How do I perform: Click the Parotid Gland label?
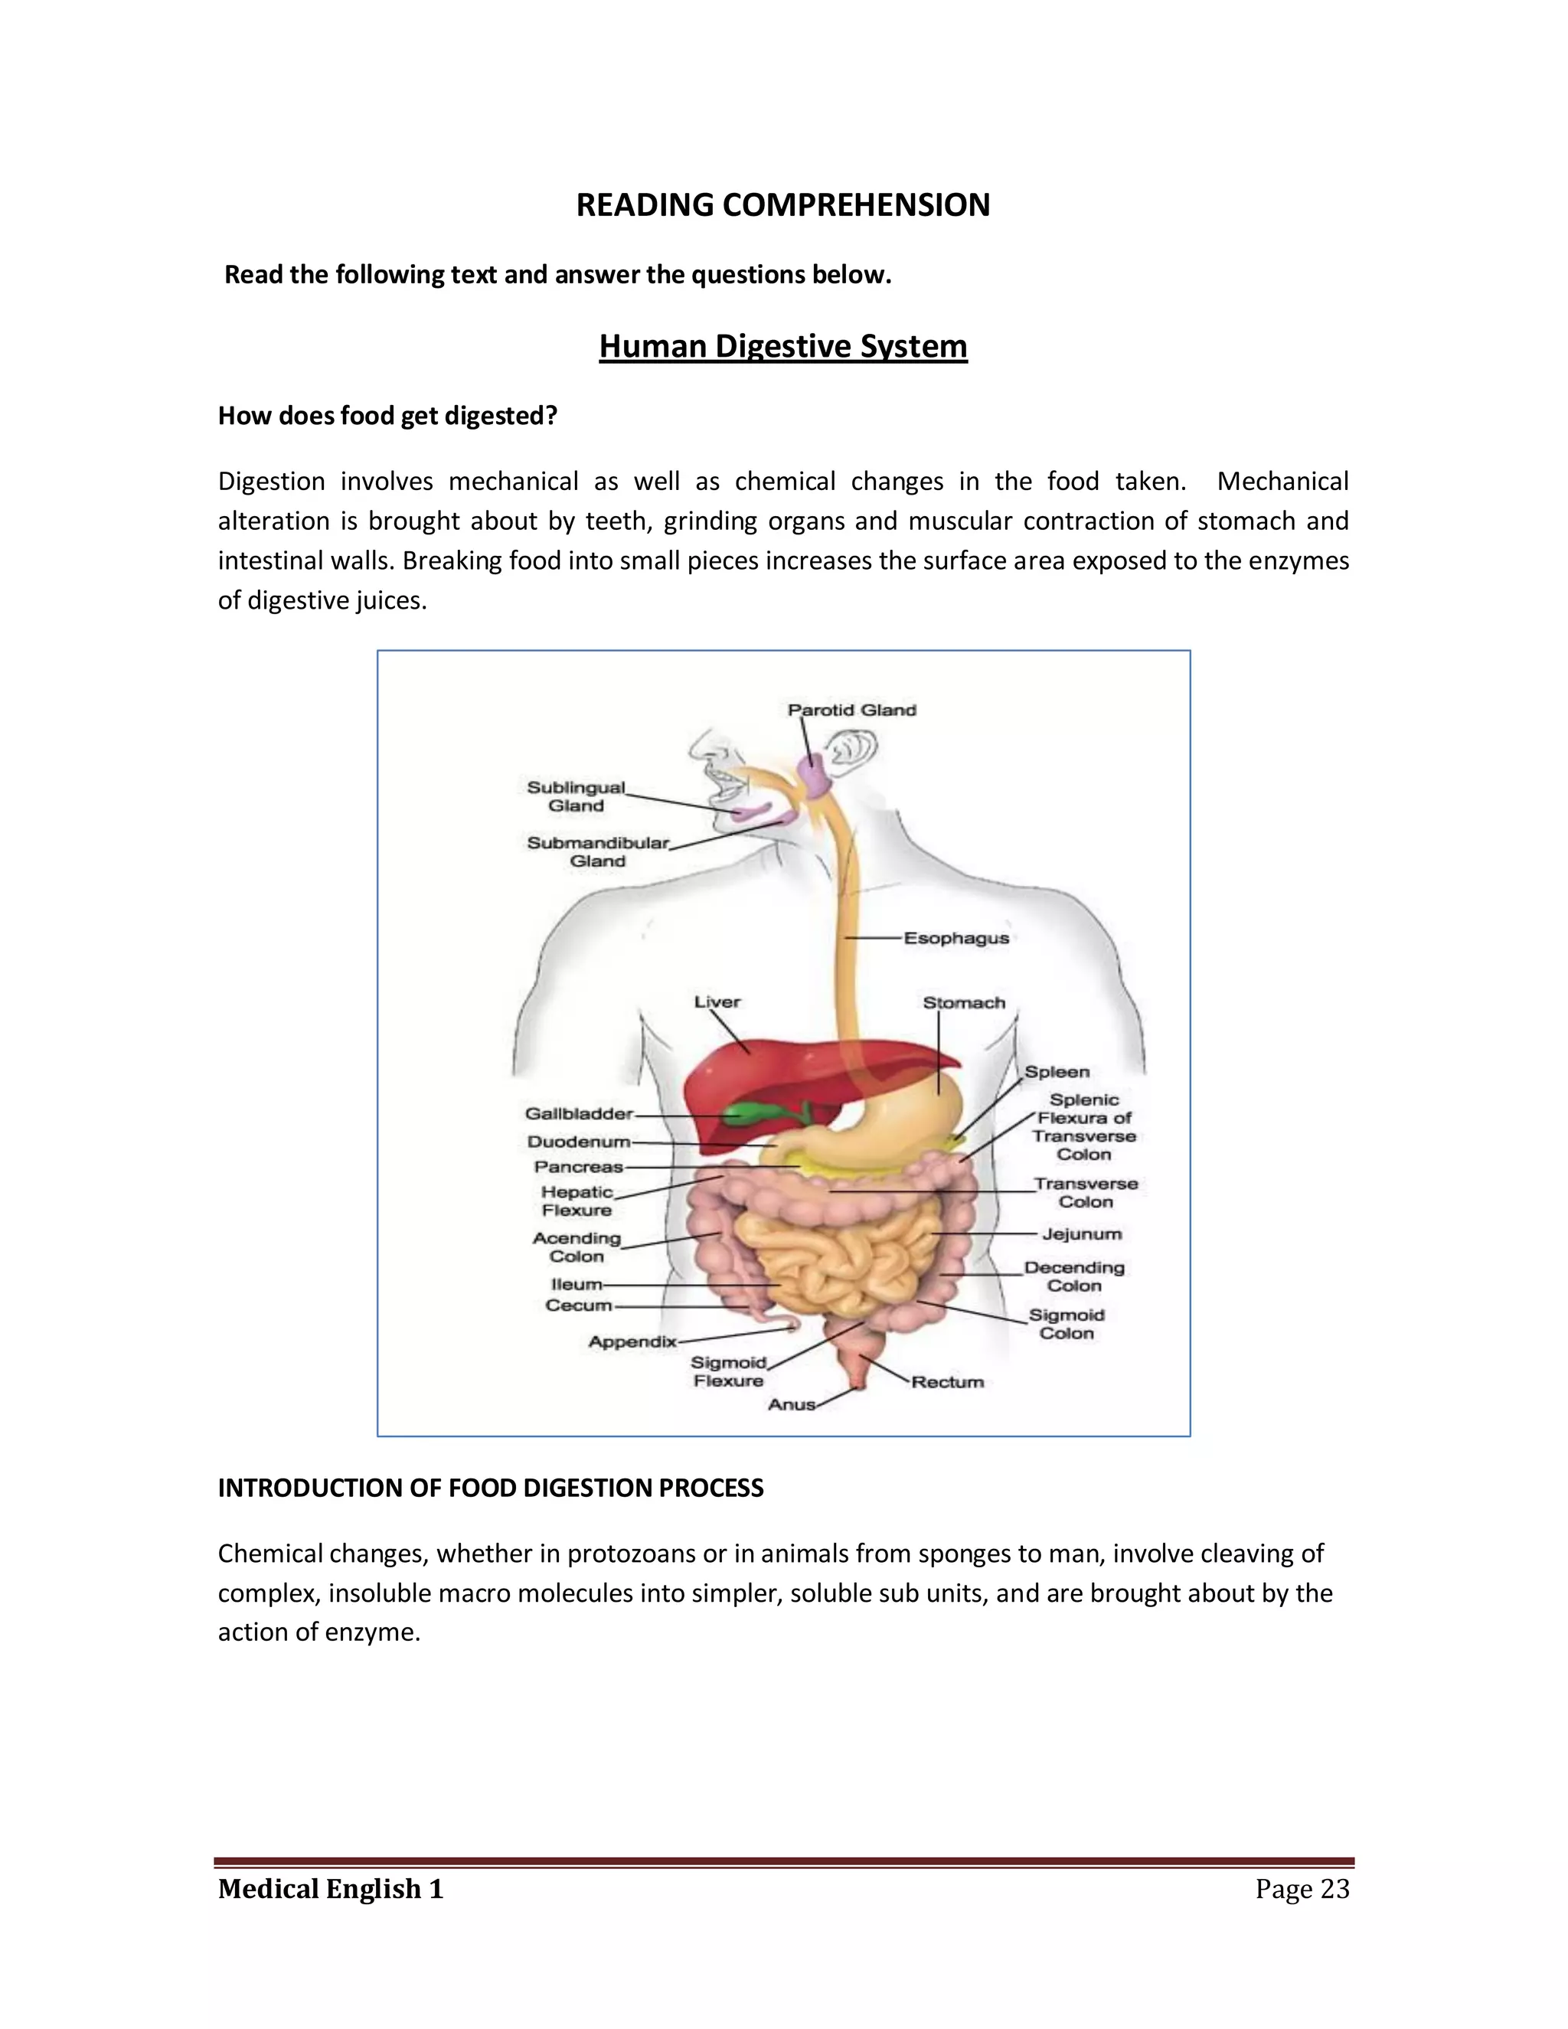click(x=852, y=710)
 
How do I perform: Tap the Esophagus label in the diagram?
click(x=955, y=939)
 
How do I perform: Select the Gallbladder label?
click(x=578, y=1113)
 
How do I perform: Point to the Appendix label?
click(x=632, y=1341)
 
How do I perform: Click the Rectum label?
click(x=946, y=1381)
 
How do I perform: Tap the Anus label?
click(x=790, y=1405)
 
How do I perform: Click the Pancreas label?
click(x=578, y=1167)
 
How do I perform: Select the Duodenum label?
click(x=578, y=1142)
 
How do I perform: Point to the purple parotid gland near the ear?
click(x=815, y=776)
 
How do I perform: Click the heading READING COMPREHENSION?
click(x=783, y=204)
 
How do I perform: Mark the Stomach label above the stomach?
click(x=963, y=1002)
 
